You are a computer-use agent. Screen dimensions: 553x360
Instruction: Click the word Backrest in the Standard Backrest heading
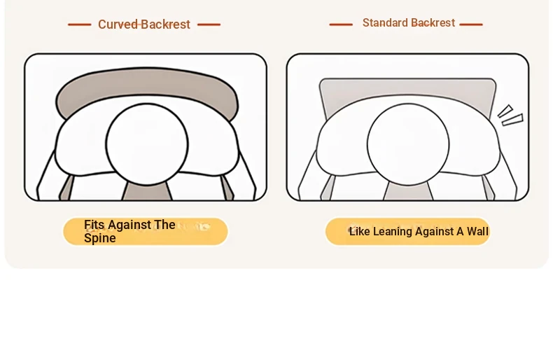[433, 22]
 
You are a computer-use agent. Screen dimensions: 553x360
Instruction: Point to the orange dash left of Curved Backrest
[79, 25]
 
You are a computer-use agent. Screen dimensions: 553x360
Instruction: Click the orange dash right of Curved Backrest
[209, 25]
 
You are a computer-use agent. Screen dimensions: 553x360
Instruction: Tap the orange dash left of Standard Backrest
[341, 25]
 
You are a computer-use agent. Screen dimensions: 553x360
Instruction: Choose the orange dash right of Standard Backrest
[471, 25]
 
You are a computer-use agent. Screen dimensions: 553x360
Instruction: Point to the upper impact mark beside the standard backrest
[505, 111]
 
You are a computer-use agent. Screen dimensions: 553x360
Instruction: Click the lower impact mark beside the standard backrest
[513, 120]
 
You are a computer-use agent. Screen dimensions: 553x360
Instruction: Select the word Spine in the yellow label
[100, 238]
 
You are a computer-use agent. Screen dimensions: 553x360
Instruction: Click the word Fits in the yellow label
[94, 224]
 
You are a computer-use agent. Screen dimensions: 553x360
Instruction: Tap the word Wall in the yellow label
[477, 232]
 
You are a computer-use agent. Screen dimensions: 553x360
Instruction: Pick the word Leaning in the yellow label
[393, 232]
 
